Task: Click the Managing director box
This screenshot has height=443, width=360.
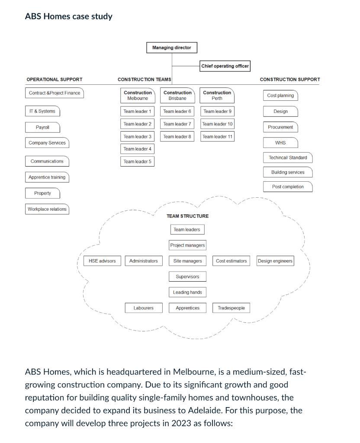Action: (171, 48)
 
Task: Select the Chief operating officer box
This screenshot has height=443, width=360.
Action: (225, 66)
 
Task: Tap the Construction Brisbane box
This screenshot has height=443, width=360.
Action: (177, 95)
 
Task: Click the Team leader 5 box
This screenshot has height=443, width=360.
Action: (137, 161)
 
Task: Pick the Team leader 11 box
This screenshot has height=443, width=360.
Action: (217, 136)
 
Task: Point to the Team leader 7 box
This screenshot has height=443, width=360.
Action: (177, 124)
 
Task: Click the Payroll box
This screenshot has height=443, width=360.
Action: (42, 127)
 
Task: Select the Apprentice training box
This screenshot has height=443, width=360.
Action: (47, 177)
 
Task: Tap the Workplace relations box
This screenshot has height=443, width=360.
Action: (47, 209)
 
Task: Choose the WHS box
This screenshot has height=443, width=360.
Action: (280, 143)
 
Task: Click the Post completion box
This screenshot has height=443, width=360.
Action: (288, 187)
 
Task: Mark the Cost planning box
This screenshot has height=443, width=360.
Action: (280, 96)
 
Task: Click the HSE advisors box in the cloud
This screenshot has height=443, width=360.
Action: (102, 261)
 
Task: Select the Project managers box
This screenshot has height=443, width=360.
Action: (187, 245)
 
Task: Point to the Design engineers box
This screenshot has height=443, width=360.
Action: (275, 261)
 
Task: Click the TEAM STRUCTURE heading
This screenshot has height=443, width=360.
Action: (187, 216)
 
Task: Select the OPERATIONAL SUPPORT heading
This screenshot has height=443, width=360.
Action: (55, 80)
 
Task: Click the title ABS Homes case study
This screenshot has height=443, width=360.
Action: (68, 16)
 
